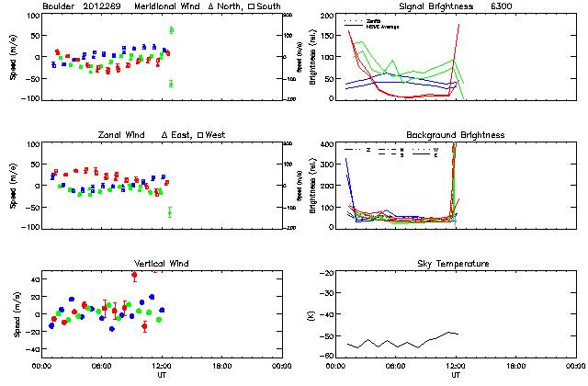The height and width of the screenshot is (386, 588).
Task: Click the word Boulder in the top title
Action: click(x=62, y=7)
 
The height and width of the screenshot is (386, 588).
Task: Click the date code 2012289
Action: click(x=107, y=7)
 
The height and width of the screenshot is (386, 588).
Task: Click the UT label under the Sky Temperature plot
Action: click(x=456, y=375)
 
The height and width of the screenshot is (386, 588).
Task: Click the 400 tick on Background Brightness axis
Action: click(x=329, y=144)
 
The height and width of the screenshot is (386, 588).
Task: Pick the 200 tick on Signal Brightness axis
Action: click(x=329, y=16)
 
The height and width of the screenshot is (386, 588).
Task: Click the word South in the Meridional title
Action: click(x=267, y=7)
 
